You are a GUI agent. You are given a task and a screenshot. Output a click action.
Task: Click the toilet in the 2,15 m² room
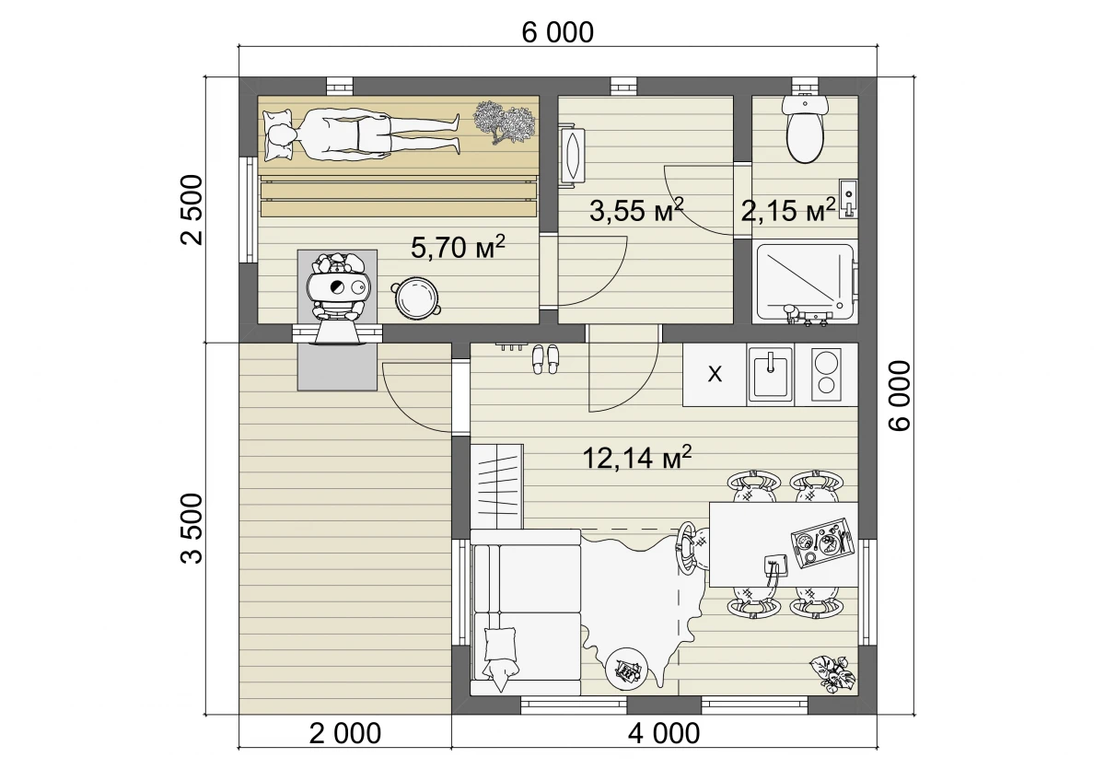805,128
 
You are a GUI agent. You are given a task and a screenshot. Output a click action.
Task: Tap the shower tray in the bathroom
805,283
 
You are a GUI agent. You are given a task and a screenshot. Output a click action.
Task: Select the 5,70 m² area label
459,247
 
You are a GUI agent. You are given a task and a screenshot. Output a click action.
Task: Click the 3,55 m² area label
636,211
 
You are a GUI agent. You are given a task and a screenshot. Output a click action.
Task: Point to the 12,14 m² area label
637,458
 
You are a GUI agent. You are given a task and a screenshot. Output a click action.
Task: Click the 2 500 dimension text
192,210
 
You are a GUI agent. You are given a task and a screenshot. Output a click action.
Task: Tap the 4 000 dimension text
664,734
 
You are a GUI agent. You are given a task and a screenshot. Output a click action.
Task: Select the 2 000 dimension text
344,734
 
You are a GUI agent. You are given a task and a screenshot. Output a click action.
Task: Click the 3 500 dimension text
192,529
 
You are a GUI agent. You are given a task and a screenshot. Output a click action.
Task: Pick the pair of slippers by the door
545,359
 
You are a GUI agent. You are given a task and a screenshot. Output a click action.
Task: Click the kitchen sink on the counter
770,374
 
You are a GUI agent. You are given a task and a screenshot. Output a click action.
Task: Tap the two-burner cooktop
826,375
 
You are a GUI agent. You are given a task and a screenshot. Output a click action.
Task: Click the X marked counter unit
715,375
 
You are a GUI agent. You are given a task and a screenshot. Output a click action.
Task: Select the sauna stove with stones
338,288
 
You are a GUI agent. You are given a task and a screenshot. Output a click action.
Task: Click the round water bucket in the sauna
415,296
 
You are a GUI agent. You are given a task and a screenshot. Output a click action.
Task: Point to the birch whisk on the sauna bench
504,122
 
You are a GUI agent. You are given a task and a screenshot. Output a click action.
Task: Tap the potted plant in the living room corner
832,674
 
